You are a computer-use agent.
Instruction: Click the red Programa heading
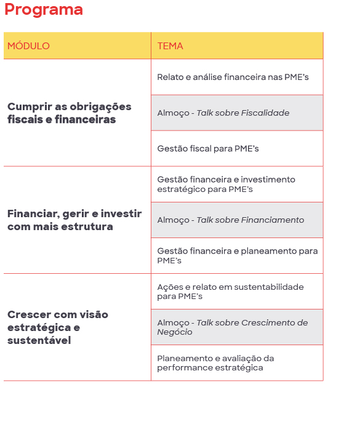pyautogui.click(x=43, y=10)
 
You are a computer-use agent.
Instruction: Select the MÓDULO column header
pyautogui.click(x=28, y=46)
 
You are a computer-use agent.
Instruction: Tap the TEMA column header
pyautogui.click(x=170, y=46)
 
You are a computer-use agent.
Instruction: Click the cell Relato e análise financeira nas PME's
pyautogui.click(x=233, y=78)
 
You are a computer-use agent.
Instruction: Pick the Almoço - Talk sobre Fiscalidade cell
pyautogui.click(x=223, y=113)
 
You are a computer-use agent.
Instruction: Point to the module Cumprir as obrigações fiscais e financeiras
pyautogui.click(x=69, y=113)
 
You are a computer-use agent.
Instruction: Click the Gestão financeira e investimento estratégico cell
pyautogui.click(x=226, y=185)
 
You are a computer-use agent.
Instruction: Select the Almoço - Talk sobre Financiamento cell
pyautogui.click(x=231, y=220)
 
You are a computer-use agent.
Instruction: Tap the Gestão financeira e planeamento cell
pyautogui.click(x=237, y=256)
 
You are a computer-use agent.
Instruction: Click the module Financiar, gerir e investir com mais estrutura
pyautogui.click(x=74, y=220)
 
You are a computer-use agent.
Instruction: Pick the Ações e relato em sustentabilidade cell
pyautogui.click(x=230, y=292)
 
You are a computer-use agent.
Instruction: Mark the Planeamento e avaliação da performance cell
pyautogui.click(x=215, y=363)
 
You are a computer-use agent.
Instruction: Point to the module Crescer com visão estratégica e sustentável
pyautogui.click(x=58, y=327)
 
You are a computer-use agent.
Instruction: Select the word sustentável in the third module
pyautogui.click(x=39, y=340)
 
